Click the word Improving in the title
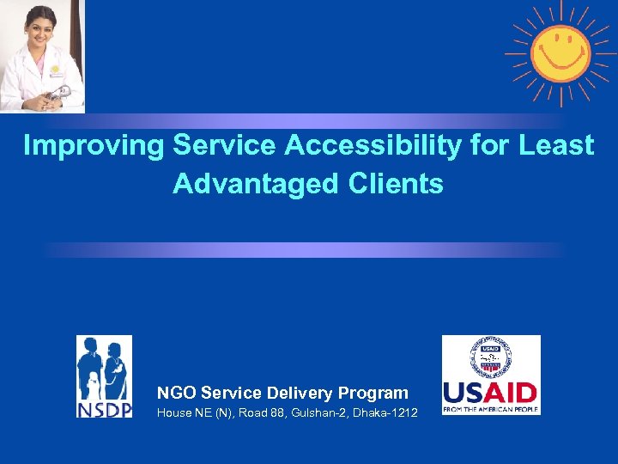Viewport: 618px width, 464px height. click(94, 146)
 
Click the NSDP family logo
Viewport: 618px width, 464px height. click(104, 364)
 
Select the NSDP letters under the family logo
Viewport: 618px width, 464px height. click(104, 407)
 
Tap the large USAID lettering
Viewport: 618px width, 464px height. click(490, 393)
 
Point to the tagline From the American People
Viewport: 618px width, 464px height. click(490, 410)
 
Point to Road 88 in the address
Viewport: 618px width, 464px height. click(261, 414)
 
